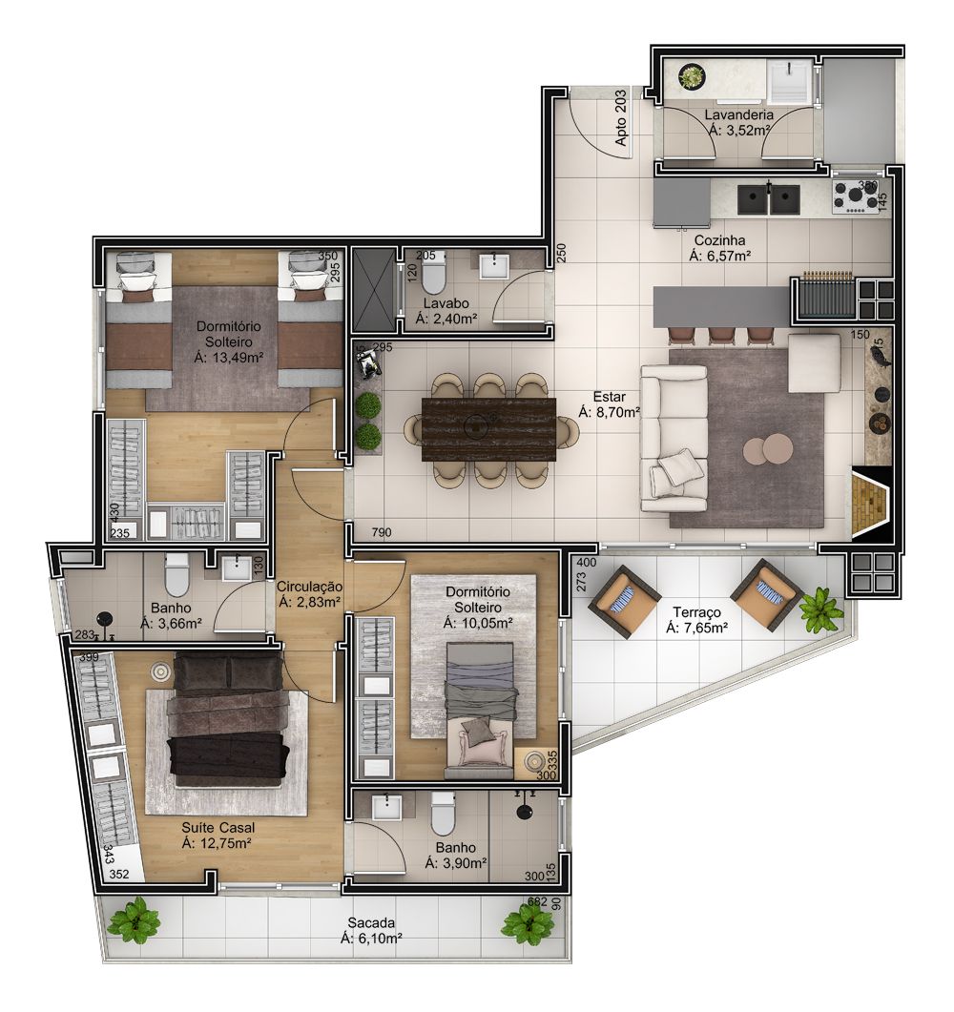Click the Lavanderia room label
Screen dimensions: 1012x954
737,115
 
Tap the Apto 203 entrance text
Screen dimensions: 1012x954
622,125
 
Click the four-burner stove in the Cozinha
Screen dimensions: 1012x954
857,198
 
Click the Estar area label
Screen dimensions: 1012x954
609,396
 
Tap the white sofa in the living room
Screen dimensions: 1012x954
674,436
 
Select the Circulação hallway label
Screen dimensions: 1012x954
310,588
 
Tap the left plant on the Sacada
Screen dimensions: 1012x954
133,920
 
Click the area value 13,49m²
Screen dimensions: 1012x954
228,358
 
